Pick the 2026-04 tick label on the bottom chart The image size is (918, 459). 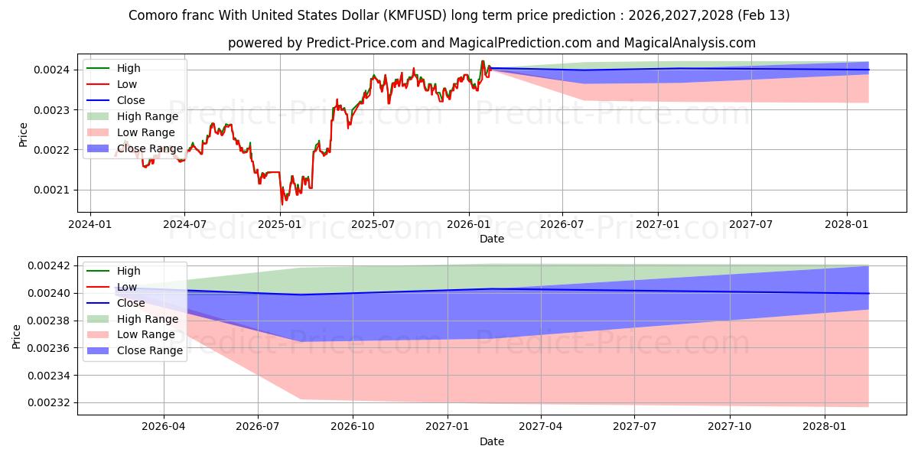pyautogui.click(x=164, y=426)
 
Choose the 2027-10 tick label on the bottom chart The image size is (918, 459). pyautogui.click(x=730, y=426)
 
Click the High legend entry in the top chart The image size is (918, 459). pyautogui.click(x=129, y=68)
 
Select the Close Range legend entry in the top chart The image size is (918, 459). pyautogui.click(x=149, y=148)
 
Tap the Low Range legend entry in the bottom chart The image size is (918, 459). pyautogui.click(x=145, y=334)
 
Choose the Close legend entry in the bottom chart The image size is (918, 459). pyautogui.click(x=130, y=303)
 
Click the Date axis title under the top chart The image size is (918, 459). pyautogui.click(x=491, y=239)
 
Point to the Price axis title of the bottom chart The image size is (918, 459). pyautogui.click(x=17, y=336)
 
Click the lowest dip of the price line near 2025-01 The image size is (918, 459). pyautogui.click(x=282, y=204)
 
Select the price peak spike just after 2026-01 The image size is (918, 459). pyautogui.click(x=482, y=61)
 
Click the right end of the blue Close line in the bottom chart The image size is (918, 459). pyautogui.click(x=868, y=294)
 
